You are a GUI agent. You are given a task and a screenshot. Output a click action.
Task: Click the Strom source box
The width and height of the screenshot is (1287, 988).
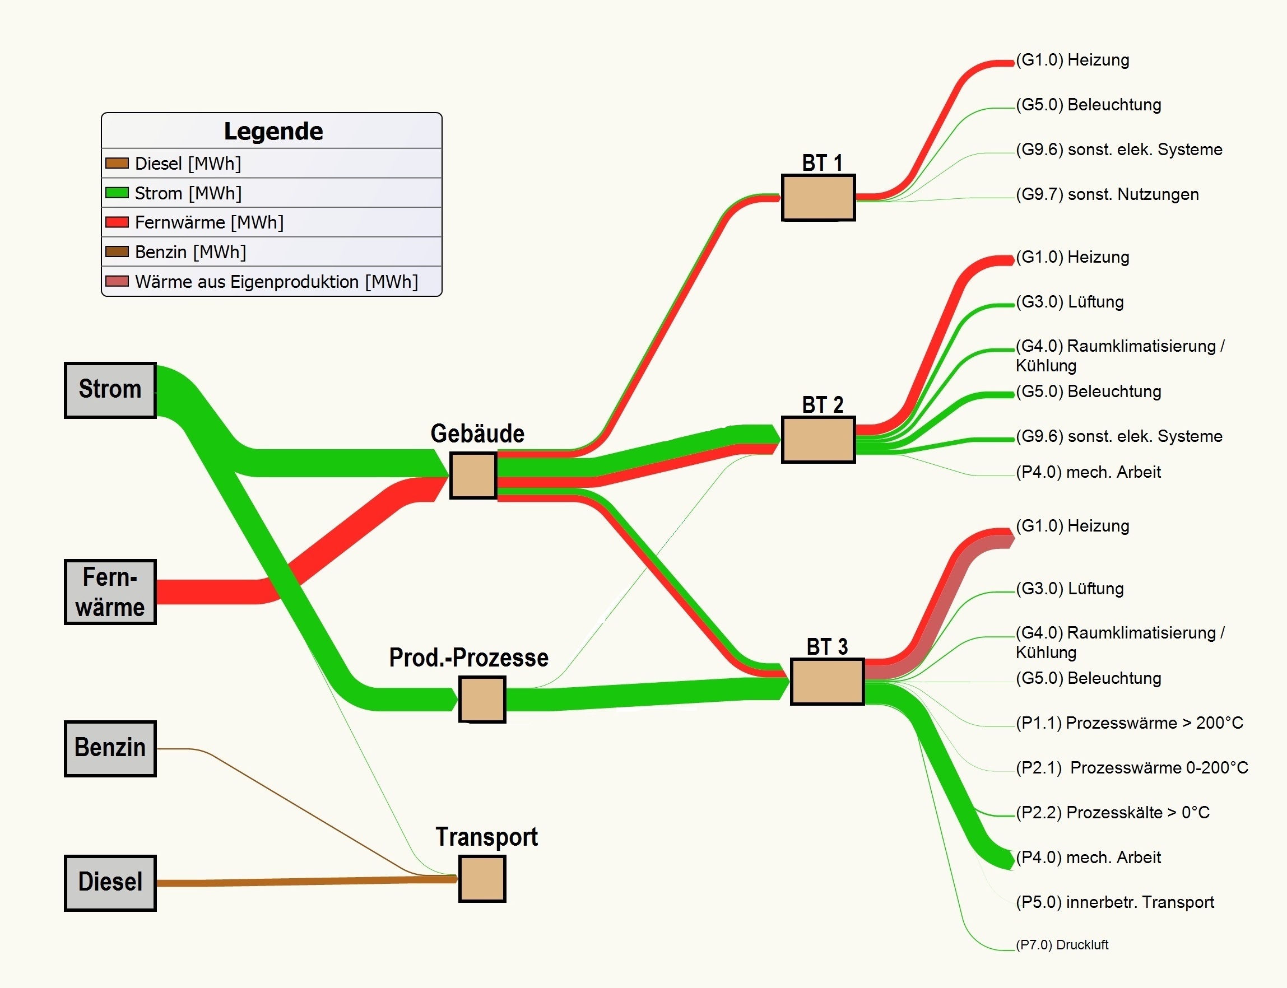click(x=110, y=390)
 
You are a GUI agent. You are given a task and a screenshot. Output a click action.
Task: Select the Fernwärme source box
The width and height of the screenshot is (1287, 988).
click(x=110, y=591)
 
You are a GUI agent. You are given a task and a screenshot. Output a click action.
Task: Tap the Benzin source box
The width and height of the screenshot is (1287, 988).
click(x=110, y=748)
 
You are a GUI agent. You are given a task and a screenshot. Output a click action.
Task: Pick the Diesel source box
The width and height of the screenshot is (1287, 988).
click(x=110, y=882)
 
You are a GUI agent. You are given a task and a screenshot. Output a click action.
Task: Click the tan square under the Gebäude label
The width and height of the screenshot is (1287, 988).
click(x=473, y=475)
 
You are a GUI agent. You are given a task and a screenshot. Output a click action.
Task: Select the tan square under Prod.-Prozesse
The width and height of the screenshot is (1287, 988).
click(x=482, y=699)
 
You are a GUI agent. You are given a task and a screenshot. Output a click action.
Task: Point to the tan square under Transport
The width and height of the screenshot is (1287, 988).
click(x=482, y=878)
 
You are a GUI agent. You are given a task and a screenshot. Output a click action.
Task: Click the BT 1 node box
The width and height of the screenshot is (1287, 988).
click(x=817, y=198)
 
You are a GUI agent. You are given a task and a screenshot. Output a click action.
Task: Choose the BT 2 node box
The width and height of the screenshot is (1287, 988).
click(x=817, y=439)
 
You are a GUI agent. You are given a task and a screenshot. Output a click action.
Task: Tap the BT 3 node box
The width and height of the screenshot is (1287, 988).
click(x=826, y=681)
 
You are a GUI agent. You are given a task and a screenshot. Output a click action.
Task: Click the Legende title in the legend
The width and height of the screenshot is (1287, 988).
click(x=273, y=131)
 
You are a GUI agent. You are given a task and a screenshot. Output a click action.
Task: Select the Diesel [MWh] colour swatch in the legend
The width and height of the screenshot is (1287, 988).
click(x=117, y=163)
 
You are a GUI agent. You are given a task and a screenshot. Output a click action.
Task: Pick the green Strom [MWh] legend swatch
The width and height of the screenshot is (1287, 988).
click(x=117, y=192)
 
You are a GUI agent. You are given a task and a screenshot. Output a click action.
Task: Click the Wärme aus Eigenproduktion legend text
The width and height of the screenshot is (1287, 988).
click(x=276, y=282)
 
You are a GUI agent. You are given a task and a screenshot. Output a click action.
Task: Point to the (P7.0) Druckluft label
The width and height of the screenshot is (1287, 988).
click(x=1062, y=944)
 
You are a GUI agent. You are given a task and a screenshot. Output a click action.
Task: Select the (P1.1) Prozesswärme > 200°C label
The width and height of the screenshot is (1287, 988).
click(x=1129, y=723)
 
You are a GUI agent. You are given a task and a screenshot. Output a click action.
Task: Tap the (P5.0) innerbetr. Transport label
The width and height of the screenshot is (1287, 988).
click(x=1114, y=902)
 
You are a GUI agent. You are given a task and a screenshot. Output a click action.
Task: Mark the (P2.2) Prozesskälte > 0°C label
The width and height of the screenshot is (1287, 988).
click(x=1112, y=812)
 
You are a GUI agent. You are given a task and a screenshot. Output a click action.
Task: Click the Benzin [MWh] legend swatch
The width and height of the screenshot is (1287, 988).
click(x=117, y=251)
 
